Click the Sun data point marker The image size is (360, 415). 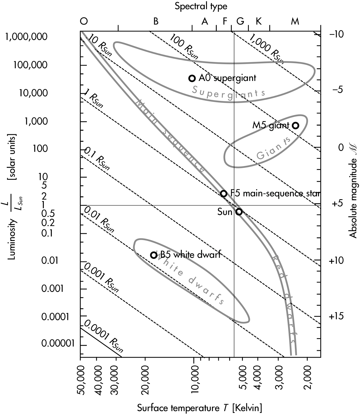pos(239,212)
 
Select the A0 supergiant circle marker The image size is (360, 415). pos(192,78)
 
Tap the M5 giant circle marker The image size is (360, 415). pos(295,126)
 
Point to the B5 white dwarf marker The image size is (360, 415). pos(154,255)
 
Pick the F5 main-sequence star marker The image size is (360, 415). pos(224,193)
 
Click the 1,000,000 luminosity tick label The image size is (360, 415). pos(26,37)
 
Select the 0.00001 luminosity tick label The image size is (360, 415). pos(58,343)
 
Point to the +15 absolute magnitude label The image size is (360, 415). pos(336,316)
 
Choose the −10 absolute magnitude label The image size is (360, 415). pos(336,34)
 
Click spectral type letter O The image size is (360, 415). pos(84,21)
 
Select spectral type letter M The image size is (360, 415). pos(295,21)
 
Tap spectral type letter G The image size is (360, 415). pos(240,21)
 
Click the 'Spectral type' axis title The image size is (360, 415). pos(201,6)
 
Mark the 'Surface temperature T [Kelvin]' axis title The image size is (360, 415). pos(199,408)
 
